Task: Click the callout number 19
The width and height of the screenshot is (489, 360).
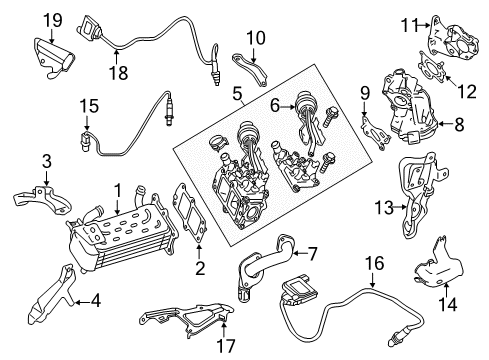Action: pyautogui.click(x=53, y=20)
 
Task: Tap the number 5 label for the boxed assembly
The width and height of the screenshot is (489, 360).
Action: pyautogui.click(x=237, y=94)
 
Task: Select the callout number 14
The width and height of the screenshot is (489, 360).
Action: pyautogui.click(x=447, y=304)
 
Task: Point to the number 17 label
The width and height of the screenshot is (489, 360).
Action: pyautogui.click(x=226, y=345)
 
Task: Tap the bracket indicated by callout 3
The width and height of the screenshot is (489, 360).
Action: pyautogui.click(x=43, y=199)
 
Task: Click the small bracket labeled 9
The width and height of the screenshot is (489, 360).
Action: pyautogui.click(x=376, y=133)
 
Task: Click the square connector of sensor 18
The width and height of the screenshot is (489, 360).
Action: pyautogui.click(x=89, y=26)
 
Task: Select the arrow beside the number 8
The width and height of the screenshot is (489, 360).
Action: pyautogui.click(x=444, y=124)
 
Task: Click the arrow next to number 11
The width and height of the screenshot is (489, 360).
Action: pyautogui.click(x=424, y=25)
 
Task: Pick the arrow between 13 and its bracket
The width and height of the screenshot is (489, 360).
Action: pyautogui.click(x=399, y=207)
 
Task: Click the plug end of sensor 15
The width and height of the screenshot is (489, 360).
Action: pyautogui.click(x=86, y=142)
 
